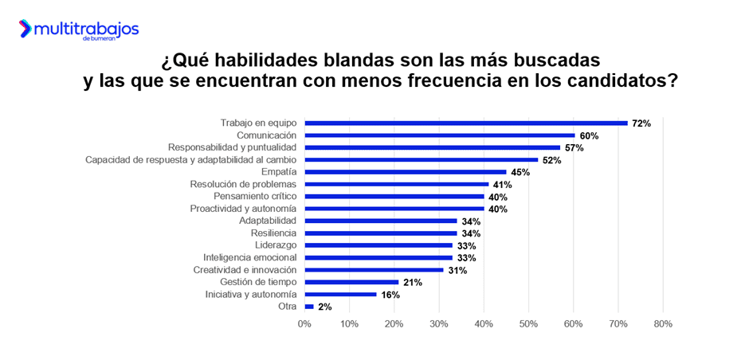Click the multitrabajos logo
(x=79, y=29)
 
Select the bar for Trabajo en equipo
(x=466, y=123)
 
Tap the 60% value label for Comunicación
(x=589, y=136)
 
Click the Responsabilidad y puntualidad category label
(x=232, y=147)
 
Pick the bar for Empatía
(x=406, y=172)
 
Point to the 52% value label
(x=552, y=160)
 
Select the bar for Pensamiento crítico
(x=394, y=197)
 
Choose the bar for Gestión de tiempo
(x=351, y=282)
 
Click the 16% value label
(x=390, y=295)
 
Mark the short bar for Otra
(x=309, y=307)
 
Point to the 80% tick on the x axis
(x=663, y=324)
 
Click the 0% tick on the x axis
(x=304, y=324)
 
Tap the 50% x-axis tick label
(x=528, y=324)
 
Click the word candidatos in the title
(x=620, y=82)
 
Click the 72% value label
(x=641, y=123)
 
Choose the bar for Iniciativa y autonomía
(x=340, y=295)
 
